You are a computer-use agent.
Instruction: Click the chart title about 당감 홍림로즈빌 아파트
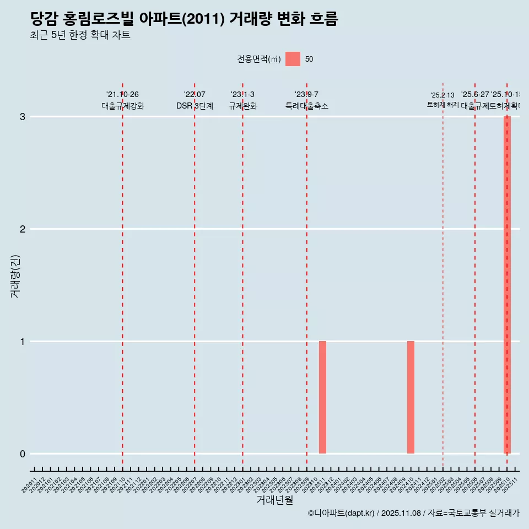pyautogui.click(x=184, y=19)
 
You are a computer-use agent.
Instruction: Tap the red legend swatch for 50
pyautogui.click(x=293, y=59)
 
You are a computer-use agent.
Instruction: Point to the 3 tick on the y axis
pyautogui.click(x=23, y=117)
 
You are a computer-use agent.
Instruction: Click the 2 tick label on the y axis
pyautogui.click(x=23, y=229)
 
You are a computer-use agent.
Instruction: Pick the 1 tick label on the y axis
pyautogui.click(x=23, y=342)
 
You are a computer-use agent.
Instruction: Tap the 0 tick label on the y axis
pyautogui.click(x=23, y=454)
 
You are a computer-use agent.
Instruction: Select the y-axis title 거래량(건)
pyautogui.click(x=15, y=276)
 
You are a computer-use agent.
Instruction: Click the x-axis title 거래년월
pyautogui.click(x=274, y=500)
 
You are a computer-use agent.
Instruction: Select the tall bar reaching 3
pyautogui.click(x=507, y=285)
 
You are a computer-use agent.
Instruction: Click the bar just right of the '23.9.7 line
pyautogui.click(x=322, y=397)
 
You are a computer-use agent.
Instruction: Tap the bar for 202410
pyautogui.click(x=411, y=397)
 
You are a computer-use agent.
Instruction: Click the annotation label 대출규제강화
pyautogui.click(x=122, y=106)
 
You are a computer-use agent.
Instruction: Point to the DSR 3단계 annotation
pyautogui.click(x=195, y=106)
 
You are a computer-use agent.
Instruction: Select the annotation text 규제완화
pyautogui.click(x=242, y=106)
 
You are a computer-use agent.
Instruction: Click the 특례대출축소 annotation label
pyautogui.click(x=306, y=106)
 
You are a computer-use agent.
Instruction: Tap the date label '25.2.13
pyautogui.click(x=442, y=95)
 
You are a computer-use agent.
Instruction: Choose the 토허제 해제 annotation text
pyautogui.click(x=442, y=105)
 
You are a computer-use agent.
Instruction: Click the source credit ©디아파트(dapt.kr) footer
pyautogui.click(x=413, y=513)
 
